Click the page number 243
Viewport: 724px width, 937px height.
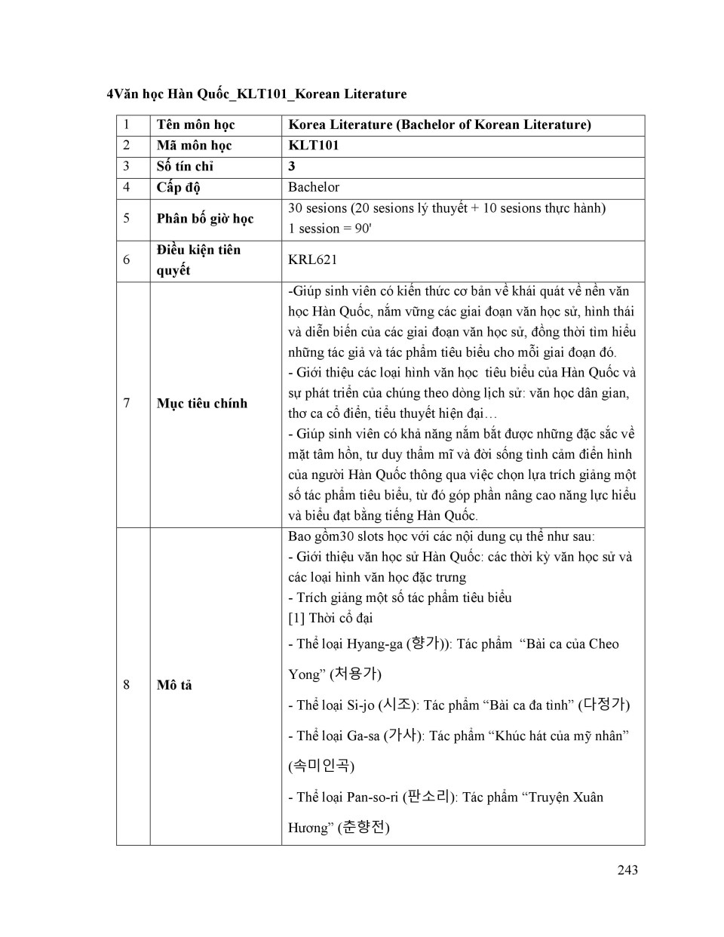coord(627,870)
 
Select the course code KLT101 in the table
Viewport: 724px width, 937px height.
coord(314,146)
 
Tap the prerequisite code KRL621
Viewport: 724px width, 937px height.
coord(312,260)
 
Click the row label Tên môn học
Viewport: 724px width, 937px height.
coord(195,124)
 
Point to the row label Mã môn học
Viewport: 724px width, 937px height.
coord(194,146)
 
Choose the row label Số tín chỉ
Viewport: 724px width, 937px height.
coord(185,166)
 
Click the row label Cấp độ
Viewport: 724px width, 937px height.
coord(178,187)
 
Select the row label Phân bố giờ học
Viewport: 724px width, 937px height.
coord(204,219)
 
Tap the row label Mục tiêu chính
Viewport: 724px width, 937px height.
coord(201,404)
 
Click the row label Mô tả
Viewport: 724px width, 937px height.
coord(174,685)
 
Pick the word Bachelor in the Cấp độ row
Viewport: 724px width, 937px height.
coord(314,187)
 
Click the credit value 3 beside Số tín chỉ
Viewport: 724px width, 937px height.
coord(292,166)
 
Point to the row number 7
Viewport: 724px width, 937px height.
coord(126,404)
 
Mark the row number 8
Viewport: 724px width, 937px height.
coord(126,685)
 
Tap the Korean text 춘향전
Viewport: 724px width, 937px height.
coord(364,828)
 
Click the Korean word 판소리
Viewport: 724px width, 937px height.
coord(428,797)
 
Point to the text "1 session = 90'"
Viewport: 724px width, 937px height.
coord(330,229)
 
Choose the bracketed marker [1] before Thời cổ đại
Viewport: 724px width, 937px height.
coord(296,618)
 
